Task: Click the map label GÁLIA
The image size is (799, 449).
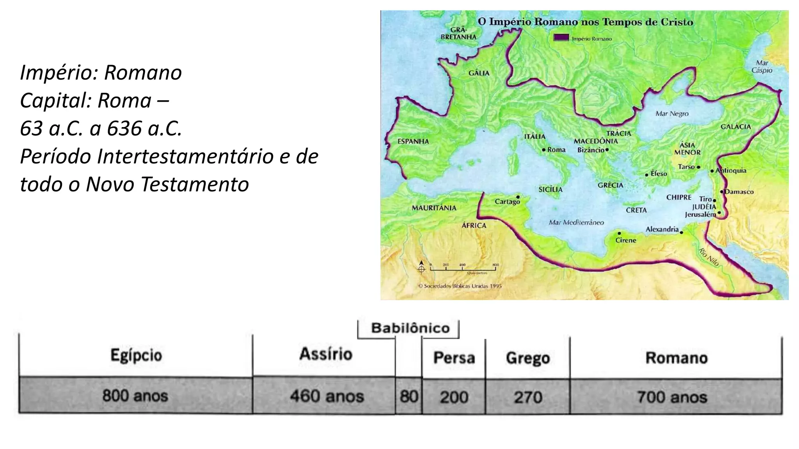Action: coord(479,73)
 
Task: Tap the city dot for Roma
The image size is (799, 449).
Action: coord(543,150)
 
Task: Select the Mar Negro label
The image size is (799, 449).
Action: coord(672,113)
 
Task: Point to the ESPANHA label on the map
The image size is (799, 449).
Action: coord(413,141)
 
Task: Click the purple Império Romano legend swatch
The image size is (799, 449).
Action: coord(561,38)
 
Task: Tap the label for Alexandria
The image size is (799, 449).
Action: coord(662,229)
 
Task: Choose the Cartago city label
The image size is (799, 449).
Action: coord(507,202)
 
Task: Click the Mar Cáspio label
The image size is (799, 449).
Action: coord(762,67)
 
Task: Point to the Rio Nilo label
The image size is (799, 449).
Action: coord(708,257)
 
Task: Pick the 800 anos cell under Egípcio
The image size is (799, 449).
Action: coord(135,396)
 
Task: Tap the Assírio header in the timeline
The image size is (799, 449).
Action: coord(326,354)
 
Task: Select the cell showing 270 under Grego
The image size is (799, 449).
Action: coord(528,397)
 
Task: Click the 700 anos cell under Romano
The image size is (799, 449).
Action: coord(672,397)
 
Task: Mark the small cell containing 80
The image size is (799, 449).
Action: coord(408,397)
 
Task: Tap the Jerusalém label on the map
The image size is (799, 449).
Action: coord(700,214)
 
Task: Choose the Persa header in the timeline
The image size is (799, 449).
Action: coord(454,358)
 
